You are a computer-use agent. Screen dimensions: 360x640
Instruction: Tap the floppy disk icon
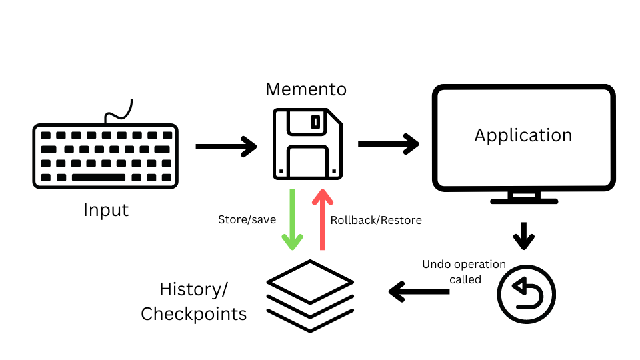[307, 144]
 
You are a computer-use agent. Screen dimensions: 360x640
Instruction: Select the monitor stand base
[523, 199]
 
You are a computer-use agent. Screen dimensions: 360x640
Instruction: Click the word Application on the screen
[523, 135]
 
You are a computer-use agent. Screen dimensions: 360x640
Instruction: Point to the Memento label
[306, 89]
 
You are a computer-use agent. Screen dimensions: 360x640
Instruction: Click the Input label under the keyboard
[106, 210]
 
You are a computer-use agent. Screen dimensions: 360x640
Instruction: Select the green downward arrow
[292, 220]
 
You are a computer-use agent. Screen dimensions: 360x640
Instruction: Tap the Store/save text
[247, 220]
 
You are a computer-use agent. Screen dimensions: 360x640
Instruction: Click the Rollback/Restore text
[376, 220]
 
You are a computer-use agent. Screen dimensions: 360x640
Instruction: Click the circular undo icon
[527, 294]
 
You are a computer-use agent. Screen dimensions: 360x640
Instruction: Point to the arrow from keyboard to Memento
[226, 146]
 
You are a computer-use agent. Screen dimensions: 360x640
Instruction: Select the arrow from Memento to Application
[389, 144]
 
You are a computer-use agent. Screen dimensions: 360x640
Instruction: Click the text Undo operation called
[464, 272]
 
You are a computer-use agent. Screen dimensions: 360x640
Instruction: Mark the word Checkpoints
[194, 313]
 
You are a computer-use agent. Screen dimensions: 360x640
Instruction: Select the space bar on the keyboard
[98, 177]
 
